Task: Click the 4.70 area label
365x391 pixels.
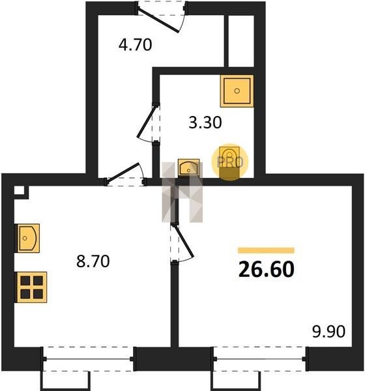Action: coord(135,45)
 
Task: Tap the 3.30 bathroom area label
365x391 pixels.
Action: coord(205,123)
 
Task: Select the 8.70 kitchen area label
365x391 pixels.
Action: coord(93,261)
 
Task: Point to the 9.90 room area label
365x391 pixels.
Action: coord(328,332)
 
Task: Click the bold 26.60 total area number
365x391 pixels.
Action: coord(267,270)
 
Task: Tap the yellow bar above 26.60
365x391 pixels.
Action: coord(266,250)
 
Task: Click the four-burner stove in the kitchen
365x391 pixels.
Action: coord(32,287)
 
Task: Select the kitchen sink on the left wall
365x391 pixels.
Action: coord(28,238)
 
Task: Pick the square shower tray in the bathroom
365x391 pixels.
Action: coord(237,91)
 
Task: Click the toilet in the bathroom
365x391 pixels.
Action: coord(229,162)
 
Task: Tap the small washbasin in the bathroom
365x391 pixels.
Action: coord(188,167)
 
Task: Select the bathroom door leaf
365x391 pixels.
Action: coord(147,121)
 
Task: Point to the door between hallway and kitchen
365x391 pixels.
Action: coord(123,173)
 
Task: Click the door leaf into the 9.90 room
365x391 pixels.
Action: coord(184,241)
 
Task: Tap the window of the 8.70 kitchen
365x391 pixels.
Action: coord(89,359)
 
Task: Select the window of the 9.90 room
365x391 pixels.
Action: coord(259,359)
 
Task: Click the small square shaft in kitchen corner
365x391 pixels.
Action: coord(19,190)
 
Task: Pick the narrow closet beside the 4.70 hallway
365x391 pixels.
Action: coord(241,41)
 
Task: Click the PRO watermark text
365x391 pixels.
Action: coord(230,162)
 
